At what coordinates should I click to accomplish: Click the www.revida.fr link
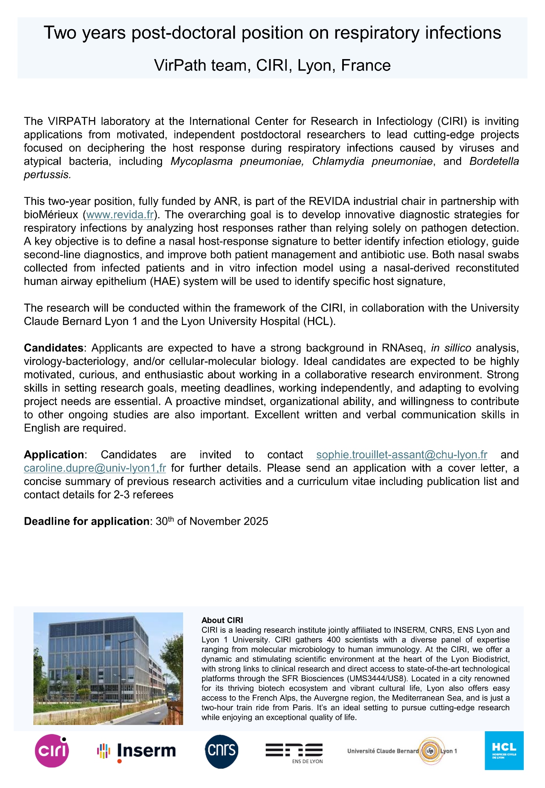(x=120, y=215)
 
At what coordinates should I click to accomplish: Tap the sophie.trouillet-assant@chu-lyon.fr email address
(x=402, y=455)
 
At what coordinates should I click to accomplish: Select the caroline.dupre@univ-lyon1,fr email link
(x=95, y=468)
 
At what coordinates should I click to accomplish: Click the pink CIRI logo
(x=52, y=751)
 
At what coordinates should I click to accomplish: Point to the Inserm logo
(x=136, y=751)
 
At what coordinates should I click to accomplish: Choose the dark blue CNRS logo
(x=222, y=751)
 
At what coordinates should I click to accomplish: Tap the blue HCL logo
(x=504, y=751)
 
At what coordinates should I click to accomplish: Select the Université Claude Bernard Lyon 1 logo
(x=402, y=751)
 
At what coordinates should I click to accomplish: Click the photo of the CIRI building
(x=108, y=669)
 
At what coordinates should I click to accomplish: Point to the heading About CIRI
(x=222, y=620)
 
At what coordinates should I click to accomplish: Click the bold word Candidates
(x=54, y=348)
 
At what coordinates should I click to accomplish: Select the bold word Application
(x=54, y=455)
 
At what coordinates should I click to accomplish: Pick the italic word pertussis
(x=47, y=175)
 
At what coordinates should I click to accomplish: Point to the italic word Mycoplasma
(x=201, y=161)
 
